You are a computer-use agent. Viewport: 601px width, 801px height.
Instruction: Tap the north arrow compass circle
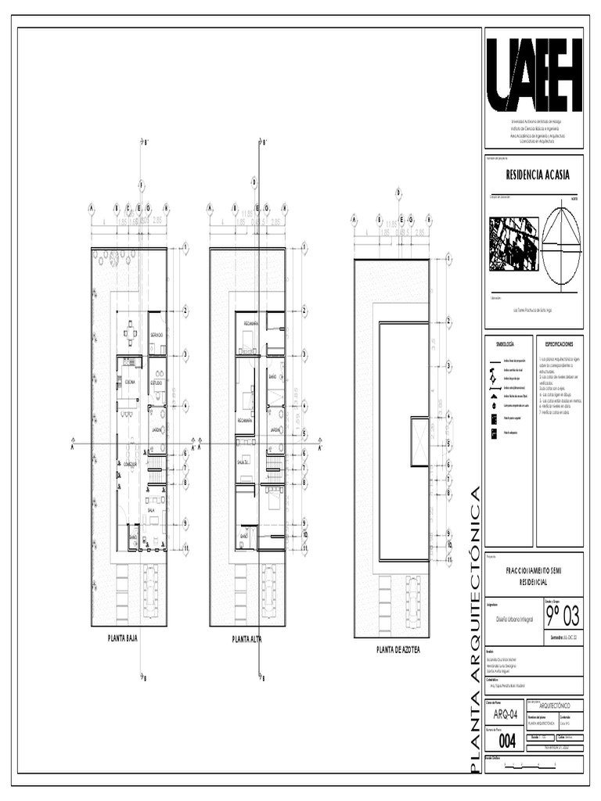coord(562,245)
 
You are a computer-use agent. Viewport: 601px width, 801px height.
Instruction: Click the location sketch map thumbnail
coord(513,244)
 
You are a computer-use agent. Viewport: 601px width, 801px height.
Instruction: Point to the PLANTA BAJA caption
coord(123,638)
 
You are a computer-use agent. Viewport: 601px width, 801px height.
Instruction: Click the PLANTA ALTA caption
coord(247,639)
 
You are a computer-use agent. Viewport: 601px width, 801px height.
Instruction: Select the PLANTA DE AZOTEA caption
coord(398,649)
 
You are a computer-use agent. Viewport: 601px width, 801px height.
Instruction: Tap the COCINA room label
coord(129,382)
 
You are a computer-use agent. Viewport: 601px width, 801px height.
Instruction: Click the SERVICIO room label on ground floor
coord(157,336)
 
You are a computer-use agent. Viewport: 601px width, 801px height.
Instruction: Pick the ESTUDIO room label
coord(157,383)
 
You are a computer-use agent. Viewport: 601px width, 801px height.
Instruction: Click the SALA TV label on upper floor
coord(243,462)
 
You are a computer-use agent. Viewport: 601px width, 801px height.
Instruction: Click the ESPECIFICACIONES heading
coord(559,344)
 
